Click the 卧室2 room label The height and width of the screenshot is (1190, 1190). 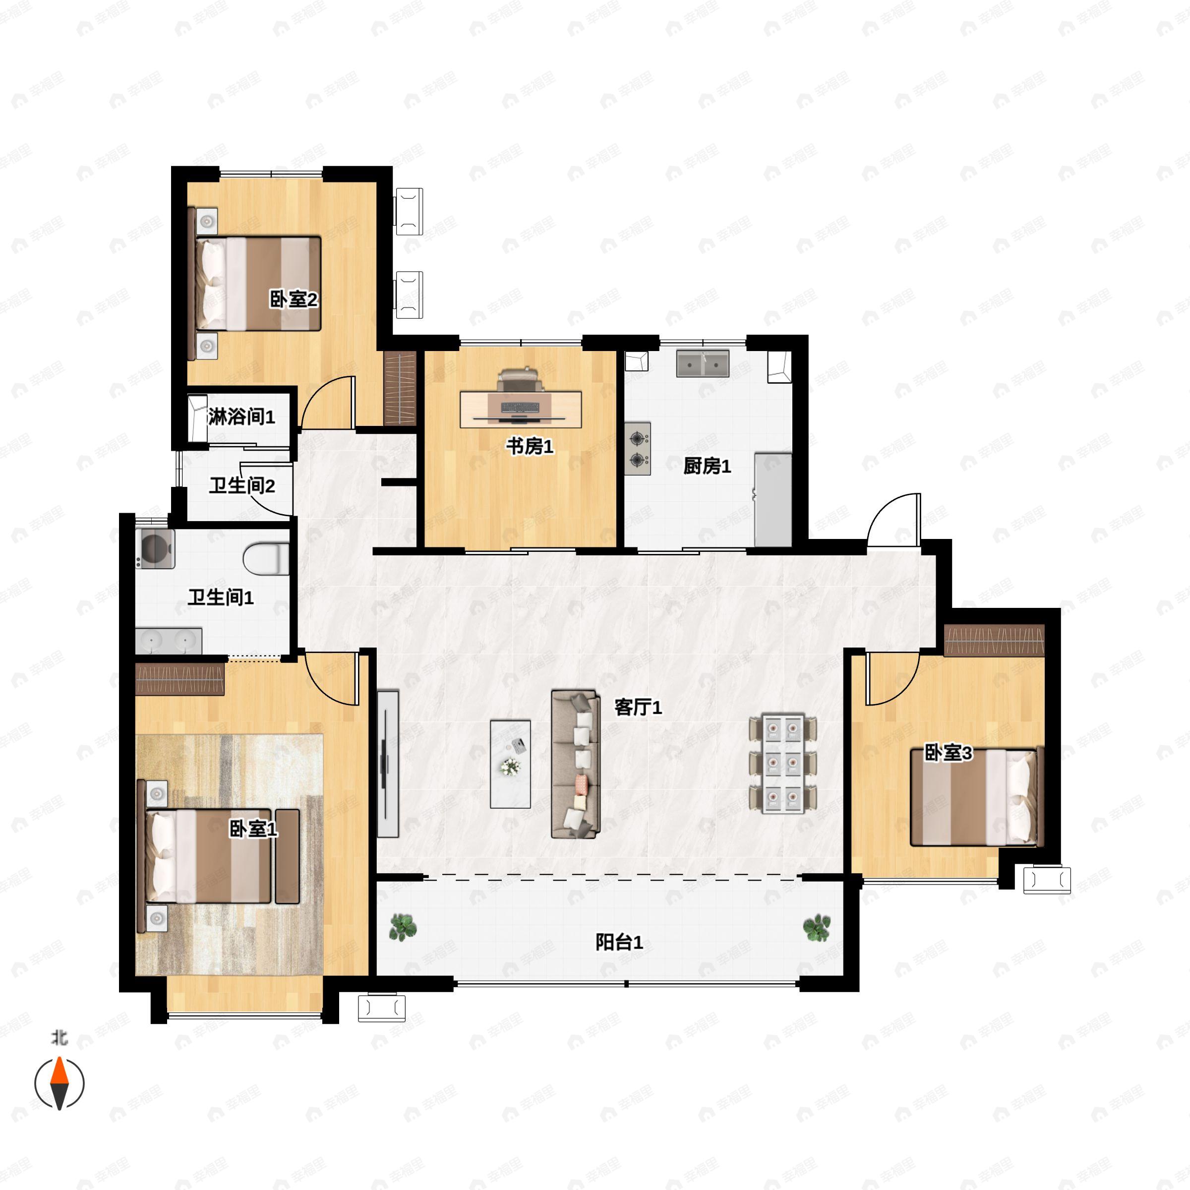(294, 300)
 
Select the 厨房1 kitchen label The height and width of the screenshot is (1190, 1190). (707, 466)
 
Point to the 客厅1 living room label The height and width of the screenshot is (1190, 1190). (638, 708)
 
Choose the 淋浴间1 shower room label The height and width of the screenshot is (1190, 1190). (241, 417)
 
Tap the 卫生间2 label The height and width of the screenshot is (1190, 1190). (241, 486)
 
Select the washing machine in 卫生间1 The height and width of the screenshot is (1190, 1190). (155, 548)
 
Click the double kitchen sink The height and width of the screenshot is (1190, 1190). (703, 363)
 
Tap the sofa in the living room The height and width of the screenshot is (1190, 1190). (575, 764)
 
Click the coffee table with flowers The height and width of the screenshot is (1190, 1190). (511, 764)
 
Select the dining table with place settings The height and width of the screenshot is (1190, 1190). (783, 764)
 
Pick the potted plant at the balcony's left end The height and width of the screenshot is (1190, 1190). (403, 927)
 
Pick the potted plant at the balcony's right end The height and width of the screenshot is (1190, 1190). (817, 928)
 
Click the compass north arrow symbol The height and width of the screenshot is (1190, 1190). (59, 1083)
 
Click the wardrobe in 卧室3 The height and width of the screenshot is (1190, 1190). (994, 641)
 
